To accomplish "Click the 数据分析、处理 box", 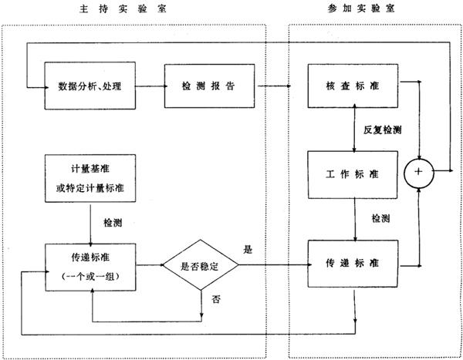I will click(x=90, y=84).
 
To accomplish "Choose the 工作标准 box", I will click(x=354, y=174).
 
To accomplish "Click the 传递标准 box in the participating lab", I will click(x=354, y=264).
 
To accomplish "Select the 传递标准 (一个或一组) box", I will click(x=91, y=265).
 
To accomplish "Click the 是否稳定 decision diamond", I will click(x=200, y=264).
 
